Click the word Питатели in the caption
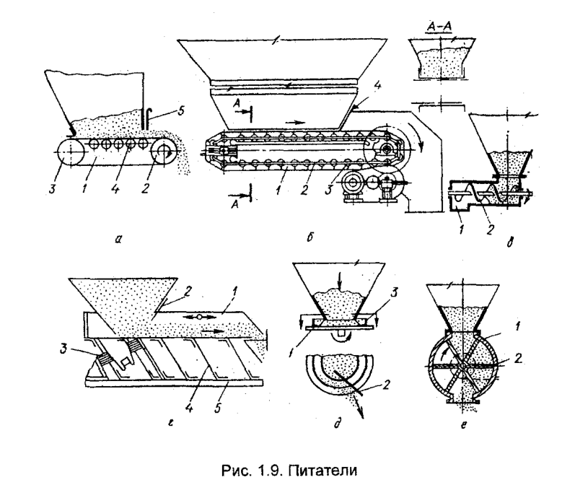[322, 470]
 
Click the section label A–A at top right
[439, 27]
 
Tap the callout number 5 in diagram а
[181, 110]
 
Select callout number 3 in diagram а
[52, 189]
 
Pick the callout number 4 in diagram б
[377, 87]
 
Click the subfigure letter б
[310, 237]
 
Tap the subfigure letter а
[118, 239]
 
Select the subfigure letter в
[510, 242]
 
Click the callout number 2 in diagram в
[490, 229]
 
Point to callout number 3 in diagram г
[64, 349]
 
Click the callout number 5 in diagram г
[217, 408]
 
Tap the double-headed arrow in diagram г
[199, 317]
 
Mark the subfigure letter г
[170, 424]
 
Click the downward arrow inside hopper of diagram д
[340, 282]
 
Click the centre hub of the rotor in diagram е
[462, 366]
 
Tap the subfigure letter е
[464, 425]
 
